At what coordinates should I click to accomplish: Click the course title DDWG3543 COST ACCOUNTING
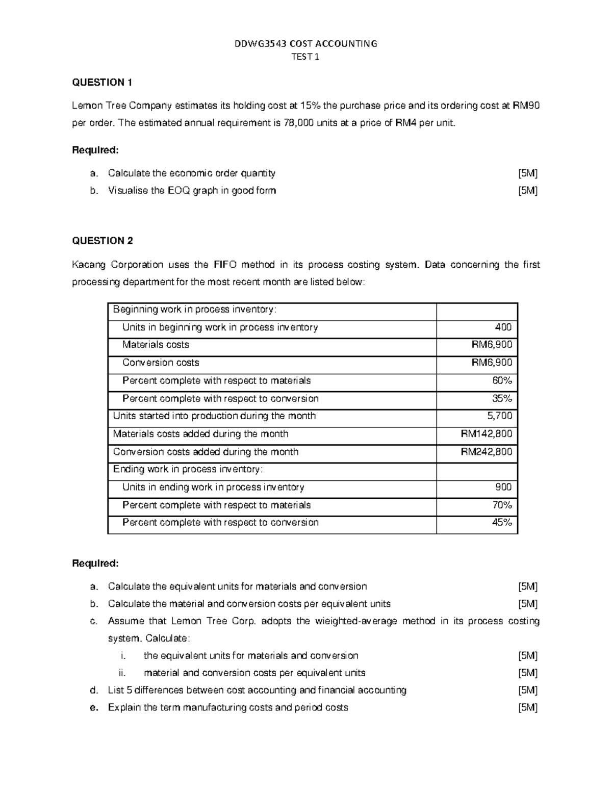(305, 44)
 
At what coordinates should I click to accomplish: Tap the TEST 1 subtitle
(305, 57)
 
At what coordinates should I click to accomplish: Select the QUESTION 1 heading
(102, 83)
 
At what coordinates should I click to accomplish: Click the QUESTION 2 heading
(102, 241)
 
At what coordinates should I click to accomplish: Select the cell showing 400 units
(503, 327)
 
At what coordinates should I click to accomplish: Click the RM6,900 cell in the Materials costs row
(492, 345)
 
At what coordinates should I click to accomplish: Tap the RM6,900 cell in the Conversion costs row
(492, 363)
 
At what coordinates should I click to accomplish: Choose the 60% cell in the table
(502, 381)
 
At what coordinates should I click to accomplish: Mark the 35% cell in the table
(502, 399)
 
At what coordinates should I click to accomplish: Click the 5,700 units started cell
(499, 416)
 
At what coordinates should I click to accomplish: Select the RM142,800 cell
(487, 434)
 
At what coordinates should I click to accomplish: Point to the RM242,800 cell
(487, 452)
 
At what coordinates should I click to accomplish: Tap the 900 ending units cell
(503, 488)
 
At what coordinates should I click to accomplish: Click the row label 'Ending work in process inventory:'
(188, 470)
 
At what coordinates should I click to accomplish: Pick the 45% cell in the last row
(502, 523)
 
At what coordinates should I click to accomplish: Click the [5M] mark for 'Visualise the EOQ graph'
(527, 191)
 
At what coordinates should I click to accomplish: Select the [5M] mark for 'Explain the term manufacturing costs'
(527, 708)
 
